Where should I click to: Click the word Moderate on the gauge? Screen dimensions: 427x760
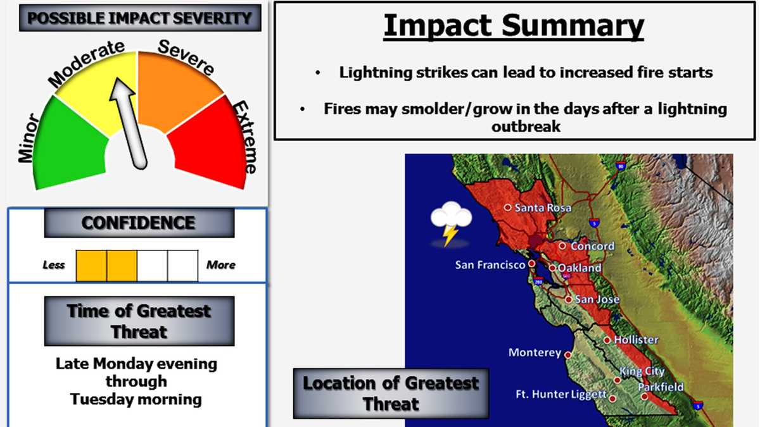point(85,63)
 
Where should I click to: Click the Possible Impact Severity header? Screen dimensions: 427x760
point(139,18)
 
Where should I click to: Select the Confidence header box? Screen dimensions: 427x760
point(139,223)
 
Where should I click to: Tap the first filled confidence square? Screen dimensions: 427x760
point(91,265)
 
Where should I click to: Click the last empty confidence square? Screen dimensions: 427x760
point(183,265)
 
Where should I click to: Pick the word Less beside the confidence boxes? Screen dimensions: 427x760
point(54,265)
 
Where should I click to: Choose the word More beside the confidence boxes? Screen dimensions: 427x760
point(220,265)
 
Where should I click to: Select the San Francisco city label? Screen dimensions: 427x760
point(490,265)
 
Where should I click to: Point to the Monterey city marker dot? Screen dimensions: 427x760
point(568,355)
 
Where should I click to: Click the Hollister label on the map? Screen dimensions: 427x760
point(636,340)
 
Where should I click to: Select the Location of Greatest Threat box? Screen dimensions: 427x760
point(391,393)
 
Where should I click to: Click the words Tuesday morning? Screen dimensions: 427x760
point(136,399)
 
